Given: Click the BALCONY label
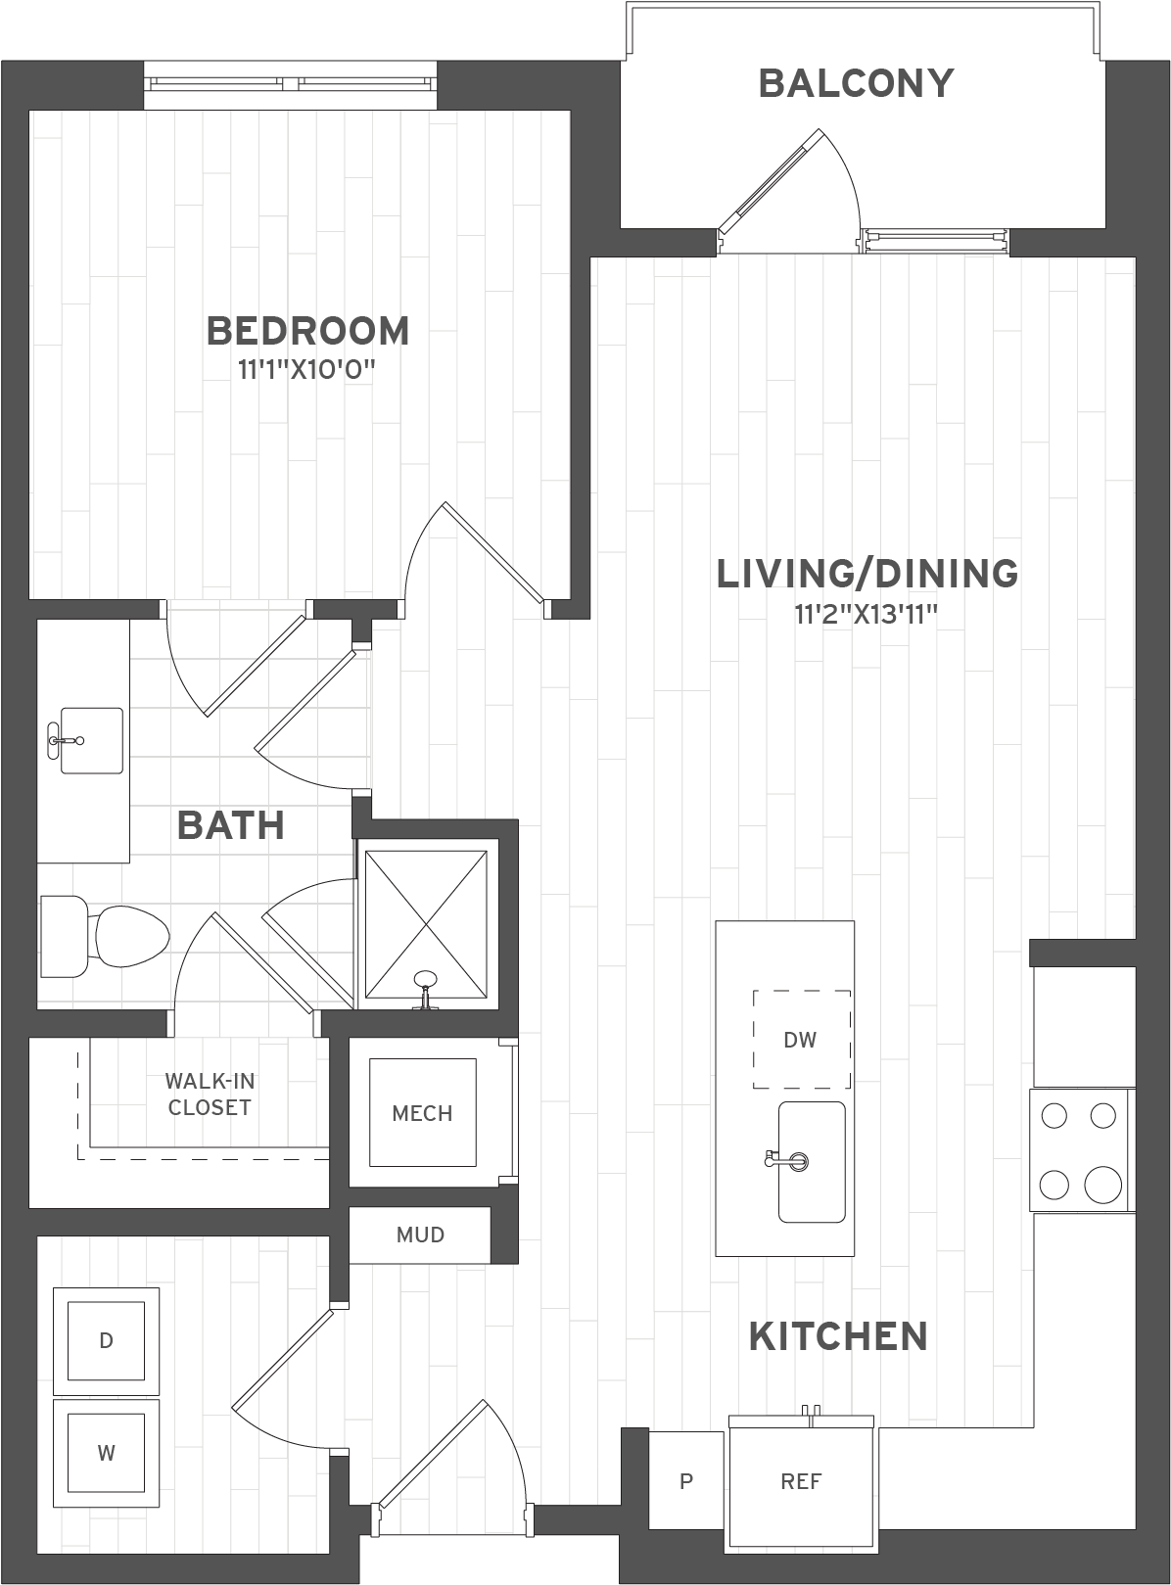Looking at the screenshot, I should coord(856,83).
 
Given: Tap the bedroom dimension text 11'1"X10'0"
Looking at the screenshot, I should coord(307,371).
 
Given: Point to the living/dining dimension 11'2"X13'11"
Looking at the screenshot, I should coord(867,615).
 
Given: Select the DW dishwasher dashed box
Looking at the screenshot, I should coord(801,1039).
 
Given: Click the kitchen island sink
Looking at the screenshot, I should coord(812,1162).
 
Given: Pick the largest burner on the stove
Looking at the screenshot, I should coord(1103,1185).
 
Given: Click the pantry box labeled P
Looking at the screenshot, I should coord(686,1481).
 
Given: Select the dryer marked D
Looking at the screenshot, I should coord(106,1340).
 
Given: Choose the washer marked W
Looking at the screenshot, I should coord(106,1452).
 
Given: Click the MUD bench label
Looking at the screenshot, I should coord(420,1235).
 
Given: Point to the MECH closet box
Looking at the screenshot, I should coord(422,1113).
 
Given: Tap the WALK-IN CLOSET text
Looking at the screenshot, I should coord(210,1094).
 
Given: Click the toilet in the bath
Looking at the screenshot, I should coord(108,936).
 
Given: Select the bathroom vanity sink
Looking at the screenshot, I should coord(91,740).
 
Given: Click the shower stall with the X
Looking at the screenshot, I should coord(426,925).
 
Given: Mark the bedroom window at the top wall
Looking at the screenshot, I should coord(291,85).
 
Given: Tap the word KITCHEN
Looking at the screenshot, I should coord(838,1336).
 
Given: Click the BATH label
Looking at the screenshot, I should coord(231,825).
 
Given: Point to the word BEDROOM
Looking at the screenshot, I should coord(307,331).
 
